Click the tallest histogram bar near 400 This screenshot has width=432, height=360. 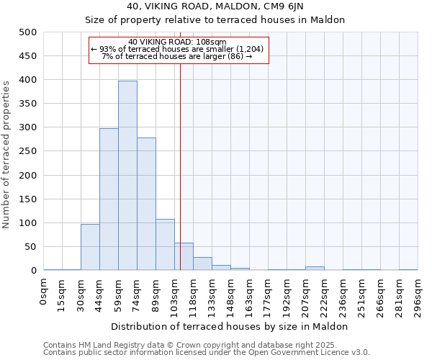click(127, 176)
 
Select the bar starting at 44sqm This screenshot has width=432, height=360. click(109, 199)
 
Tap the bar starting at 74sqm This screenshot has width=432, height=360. click(146, 204)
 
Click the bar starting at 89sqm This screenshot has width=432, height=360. click(165, 245)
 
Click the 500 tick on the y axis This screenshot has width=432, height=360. click(28, 32)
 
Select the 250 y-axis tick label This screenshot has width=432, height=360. click(28, 151)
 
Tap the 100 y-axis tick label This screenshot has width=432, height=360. click(28, 223)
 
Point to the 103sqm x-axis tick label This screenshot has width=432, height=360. click(175, 296)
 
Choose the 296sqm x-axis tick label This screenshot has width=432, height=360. click(418, 296)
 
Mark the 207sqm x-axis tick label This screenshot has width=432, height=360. click(306, 296)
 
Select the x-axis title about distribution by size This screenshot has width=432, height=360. click(230, 326)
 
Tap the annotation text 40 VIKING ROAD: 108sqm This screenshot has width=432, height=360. click(178, 42)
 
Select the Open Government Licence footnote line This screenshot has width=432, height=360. click(206, 352)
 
